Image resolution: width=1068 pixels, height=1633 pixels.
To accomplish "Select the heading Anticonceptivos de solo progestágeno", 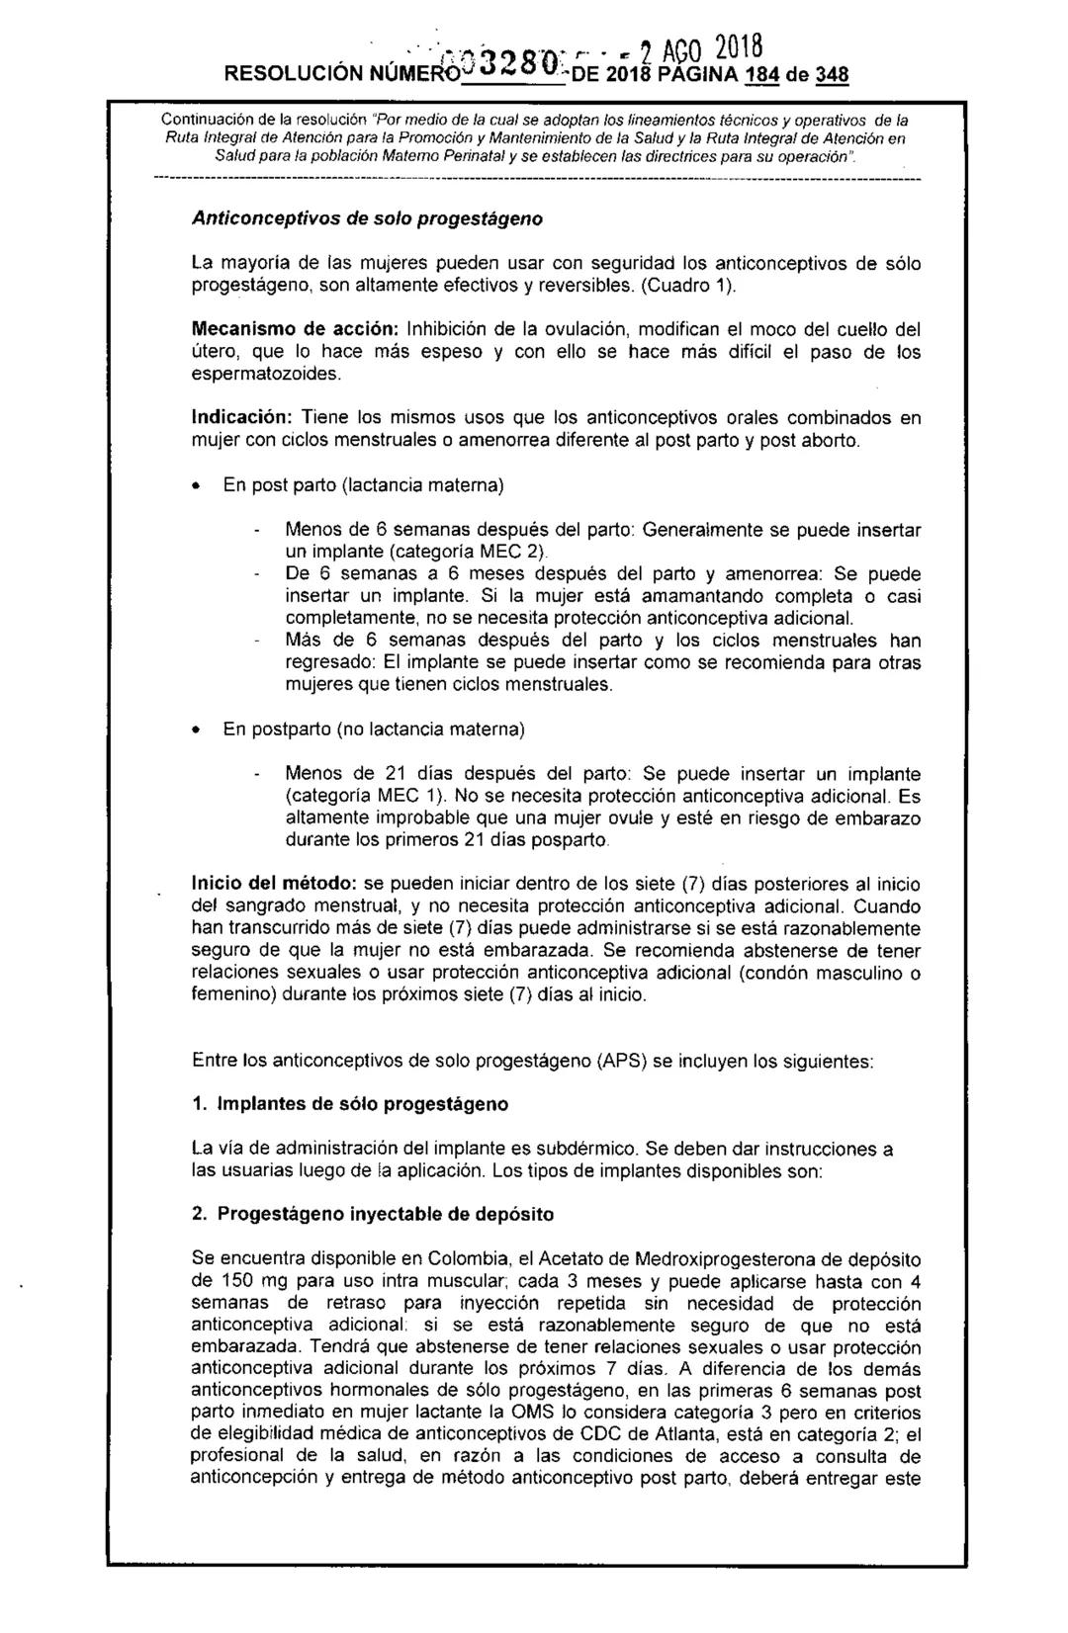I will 367,218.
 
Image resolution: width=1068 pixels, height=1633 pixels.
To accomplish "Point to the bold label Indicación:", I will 242,418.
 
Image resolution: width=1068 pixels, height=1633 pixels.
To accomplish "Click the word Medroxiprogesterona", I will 745,1260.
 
